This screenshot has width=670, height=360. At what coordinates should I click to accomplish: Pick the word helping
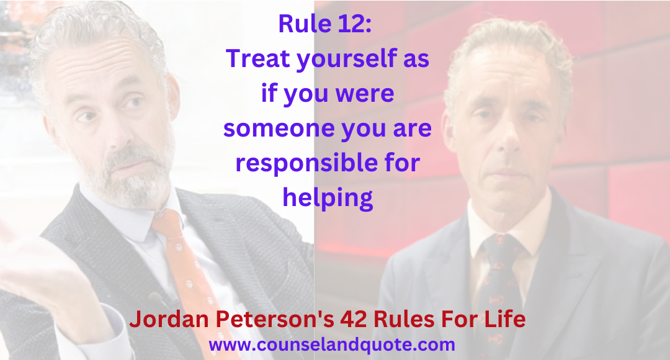click(328, 197)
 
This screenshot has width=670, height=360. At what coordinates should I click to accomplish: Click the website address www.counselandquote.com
click(332, 344)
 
